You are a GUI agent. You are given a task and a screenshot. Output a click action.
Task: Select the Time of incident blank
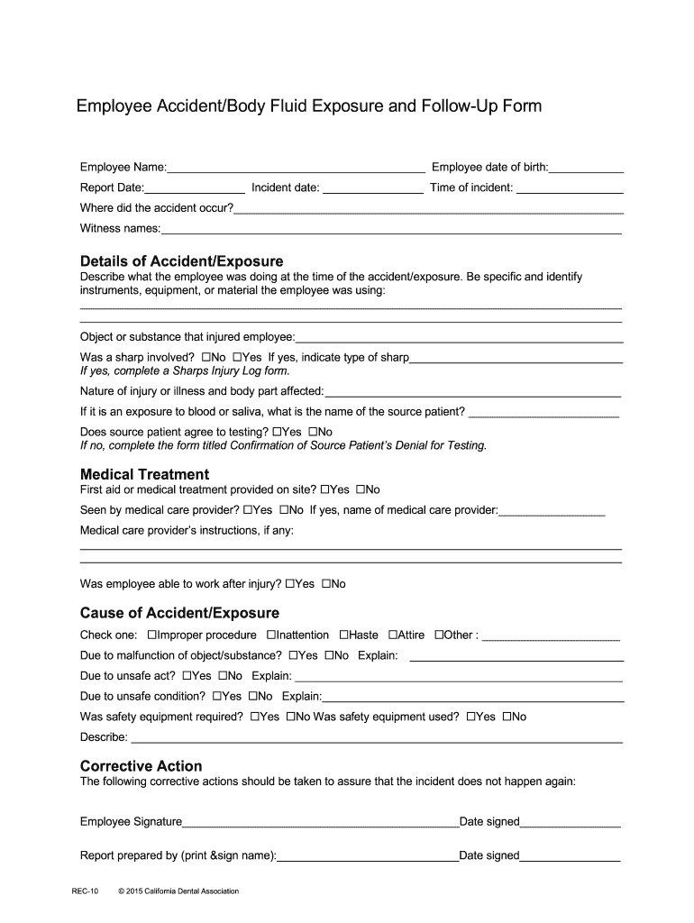tap(569, 189)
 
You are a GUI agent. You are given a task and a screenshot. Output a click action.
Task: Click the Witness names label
tap(120, 228)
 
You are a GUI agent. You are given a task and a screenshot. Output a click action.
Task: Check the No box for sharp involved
tap(207, 358)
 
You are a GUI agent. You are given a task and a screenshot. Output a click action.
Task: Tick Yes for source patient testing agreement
tap(277, 433)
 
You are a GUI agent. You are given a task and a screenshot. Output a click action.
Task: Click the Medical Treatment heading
tap(144, 474)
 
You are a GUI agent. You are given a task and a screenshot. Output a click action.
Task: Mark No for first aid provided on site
tap(361, 490)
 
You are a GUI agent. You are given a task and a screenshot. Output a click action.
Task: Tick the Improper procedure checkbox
tap(152, 635)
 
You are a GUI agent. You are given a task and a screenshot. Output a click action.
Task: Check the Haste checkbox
tap(344, 635)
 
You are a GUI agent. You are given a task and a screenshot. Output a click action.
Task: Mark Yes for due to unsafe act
tap(187, 676)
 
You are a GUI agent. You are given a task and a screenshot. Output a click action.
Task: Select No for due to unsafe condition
tap(253, 697)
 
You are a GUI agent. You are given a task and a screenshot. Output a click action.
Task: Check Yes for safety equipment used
tap(471, 717)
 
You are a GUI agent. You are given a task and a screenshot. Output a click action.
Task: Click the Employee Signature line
tap(321, 823)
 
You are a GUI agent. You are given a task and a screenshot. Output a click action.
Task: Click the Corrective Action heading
tap(142, 766)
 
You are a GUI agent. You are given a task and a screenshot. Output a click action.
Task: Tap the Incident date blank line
tap(372, 189)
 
